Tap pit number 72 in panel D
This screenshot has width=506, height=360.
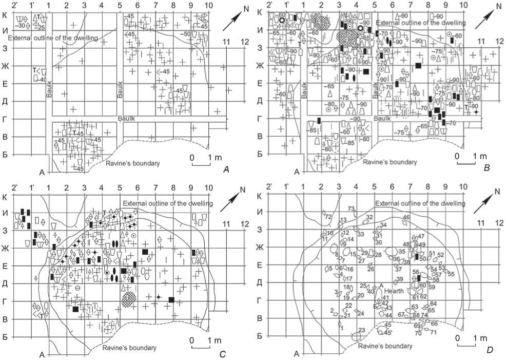pos(327,217)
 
